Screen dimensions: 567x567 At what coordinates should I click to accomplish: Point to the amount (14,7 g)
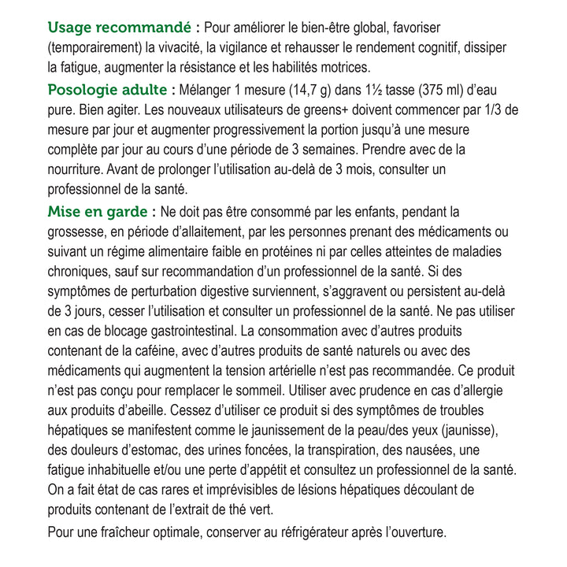(295, 88)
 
